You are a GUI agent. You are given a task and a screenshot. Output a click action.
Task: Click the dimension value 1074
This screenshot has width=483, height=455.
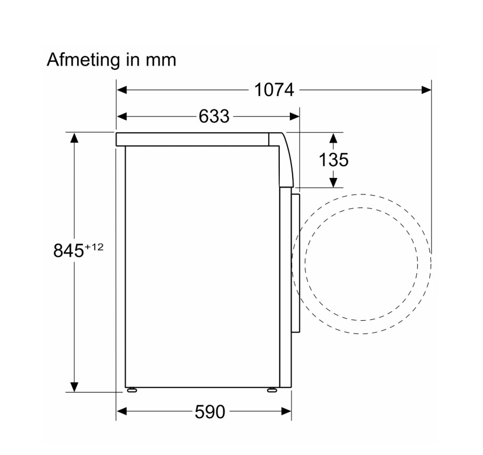tap(274, 90)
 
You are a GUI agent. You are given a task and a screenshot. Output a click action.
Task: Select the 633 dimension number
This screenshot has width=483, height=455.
tap(214, 117)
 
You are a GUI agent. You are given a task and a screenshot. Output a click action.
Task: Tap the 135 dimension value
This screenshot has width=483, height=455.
tap(334, 160)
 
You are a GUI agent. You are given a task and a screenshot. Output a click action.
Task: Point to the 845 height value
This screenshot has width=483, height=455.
tap(69, 250)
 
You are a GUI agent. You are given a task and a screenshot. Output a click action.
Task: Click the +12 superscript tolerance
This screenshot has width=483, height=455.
tap(94, 247)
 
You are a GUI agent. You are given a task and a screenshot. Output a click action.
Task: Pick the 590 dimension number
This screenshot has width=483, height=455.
tap(210, 411)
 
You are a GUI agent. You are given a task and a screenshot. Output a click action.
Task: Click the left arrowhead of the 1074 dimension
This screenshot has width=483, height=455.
tap(122, 90)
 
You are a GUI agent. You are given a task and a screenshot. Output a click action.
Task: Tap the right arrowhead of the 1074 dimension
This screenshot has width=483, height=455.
tap(426, 90)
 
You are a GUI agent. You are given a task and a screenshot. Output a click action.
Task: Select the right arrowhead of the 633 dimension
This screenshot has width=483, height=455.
tap(295, 117)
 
